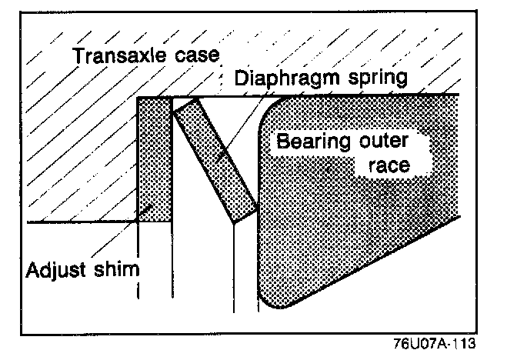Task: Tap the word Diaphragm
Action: pos(288,78)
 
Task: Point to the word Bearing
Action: pos(312,142)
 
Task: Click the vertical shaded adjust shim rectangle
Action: pos(155,158)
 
